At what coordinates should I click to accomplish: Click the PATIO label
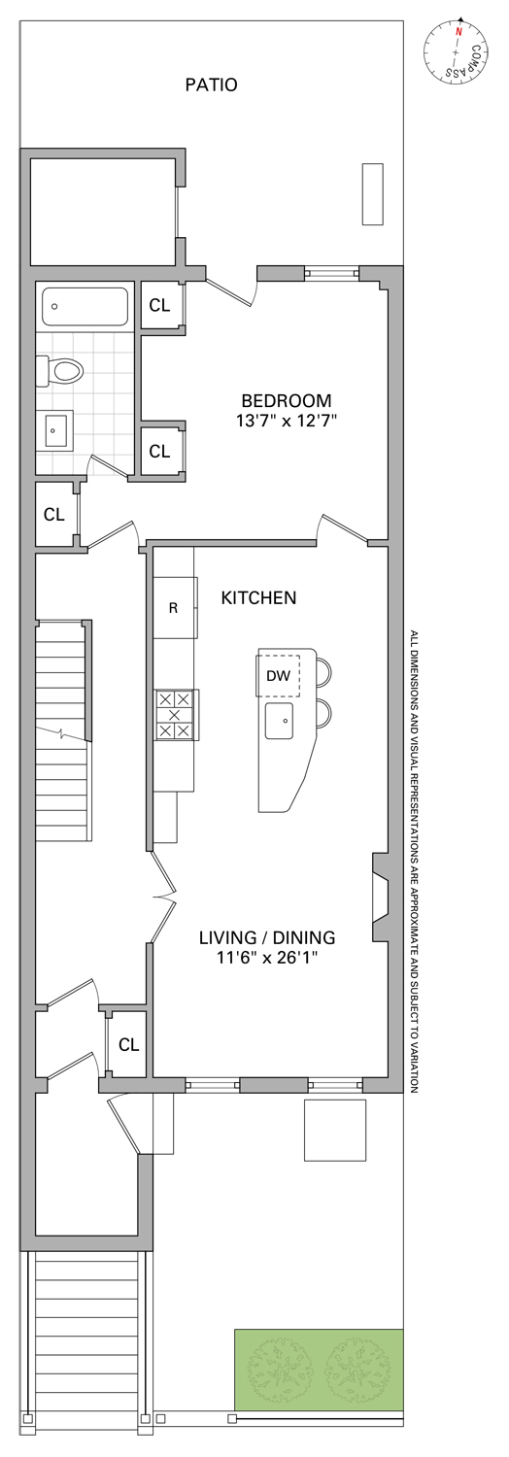(x=211, y=85)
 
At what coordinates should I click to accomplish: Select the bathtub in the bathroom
(x=85, y=308)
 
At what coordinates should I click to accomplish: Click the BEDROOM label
(x=286, y=400)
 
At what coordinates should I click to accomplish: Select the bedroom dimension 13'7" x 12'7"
(x=287, y=421)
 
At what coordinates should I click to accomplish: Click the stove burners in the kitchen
(x=176, y=715)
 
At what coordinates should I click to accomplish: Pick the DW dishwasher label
(x=278, y=676)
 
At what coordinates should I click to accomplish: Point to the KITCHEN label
(x=258, y=597)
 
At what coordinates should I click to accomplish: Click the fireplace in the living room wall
(x=380, y=898)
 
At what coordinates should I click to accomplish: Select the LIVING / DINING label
(x=267, y=937)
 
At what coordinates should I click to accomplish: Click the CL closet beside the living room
(x=129, y=1044)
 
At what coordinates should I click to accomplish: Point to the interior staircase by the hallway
(x=61, y=730)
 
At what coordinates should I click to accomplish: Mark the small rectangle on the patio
(x=372, y=194)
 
